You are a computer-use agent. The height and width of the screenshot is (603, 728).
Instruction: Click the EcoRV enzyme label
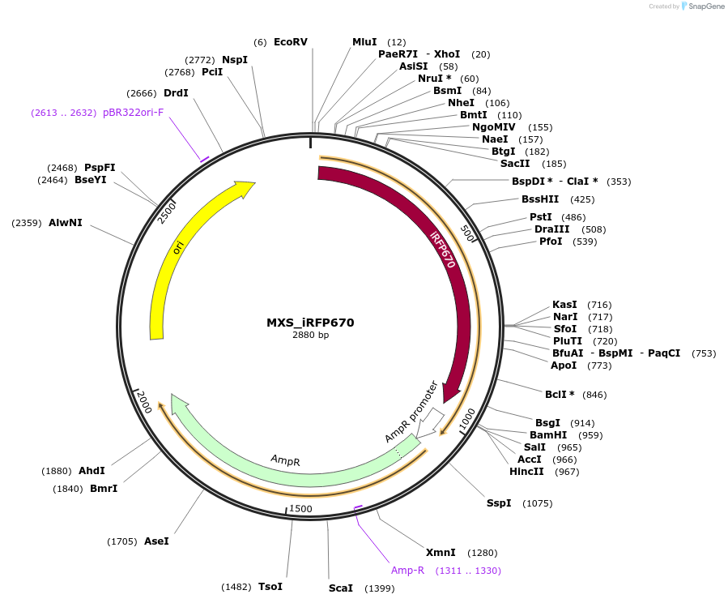coord(290,41)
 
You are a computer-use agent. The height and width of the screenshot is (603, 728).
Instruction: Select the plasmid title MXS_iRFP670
coord(310,322)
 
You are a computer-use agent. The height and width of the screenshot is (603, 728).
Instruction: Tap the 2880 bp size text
coord(310,335)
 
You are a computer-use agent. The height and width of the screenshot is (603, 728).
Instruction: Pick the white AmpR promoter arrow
coord(436,420)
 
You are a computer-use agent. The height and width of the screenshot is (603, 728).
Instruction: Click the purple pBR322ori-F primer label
coord(133,113)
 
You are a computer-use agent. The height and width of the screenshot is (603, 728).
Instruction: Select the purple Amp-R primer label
coord(407,571)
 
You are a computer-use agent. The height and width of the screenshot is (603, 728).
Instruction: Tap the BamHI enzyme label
coord(547,435)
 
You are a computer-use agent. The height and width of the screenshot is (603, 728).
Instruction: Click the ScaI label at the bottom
coord(340,588)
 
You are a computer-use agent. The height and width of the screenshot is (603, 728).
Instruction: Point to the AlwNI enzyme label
coord(65,222)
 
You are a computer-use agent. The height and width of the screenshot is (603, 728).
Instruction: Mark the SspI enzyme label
coord(499,503)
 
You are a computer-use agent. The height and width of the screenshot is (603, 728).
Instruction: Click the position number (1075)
coord(537,503)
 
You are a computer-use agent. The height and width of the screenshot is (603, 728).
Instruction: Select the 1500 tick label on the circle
coord(300,508)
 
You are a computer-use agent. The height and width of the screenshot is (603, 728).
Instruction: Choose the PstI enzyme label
coord(540,217)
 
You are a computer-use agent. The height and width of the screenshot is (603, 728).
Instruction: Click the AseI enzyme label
coord(156,541)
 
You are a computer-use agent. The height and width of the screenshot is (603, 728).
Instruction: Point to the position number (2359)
coord(27,222)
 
